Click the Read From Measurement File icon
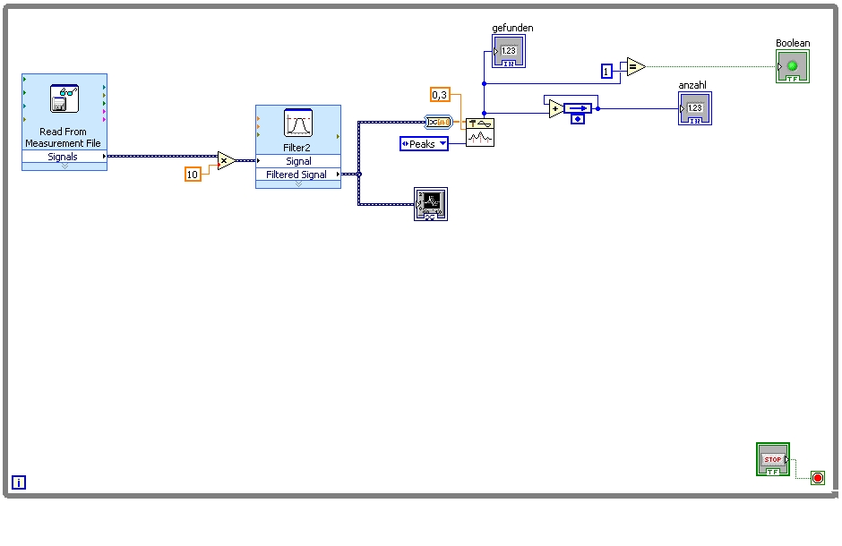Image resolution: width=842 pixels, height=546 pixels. click(64, 98)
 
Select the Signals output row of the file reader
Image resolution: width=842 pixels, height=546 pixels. click(63, 157)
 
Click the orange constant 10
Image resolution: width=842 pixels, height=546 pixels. click(193, 175)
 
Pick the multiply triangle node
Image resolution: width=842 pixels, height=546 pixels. click(226, 161)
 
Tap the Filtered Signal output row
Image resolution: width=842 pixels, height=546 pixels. click(298, 175)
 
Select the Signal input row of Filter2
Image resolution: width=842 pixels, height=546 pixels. click(298, 161)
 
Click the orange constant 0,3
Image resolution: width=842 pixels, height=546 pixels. click(440, 95)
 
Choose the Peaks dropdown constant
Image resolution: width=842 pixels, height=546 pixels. click(424, 143)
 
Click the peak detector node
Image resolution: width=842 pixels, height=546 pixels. click(480, 132)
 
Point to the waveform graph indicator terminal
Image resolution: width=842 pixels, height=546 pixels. click(431, 204)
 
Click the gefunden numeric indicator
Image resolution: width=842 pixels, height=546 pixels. click(508, 51)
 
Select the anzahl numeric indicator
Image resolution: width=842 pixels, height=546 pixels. click(694, 108)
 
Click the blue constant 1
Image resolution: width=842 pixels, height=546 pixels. click(606, 71)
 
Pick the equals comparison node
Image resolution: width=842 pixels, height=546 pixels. click(635, 66)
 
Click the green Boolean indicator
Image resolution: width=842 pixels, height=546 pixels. click(792, 67)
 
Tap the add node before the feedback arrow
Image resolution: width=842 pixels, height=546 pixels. click(556, 109)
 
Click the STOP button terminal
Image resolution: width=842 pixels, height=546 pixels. click(772, 459)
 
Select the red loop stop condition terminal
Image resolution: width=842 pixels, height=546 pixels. click(818, 478)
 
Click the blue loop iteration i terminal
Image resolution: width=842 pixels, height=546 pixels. click(19, 482)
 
